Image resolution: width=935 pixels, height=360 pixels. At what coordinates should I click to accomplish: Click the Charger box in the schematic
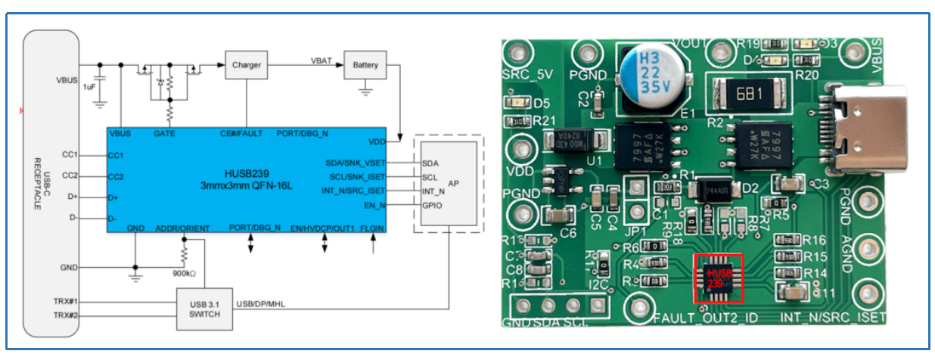pyautogui.click(x=247, y=65)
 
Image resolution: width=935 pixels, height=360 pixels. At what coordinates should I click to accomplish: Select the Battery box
pyautogui.click(x=365, y=65)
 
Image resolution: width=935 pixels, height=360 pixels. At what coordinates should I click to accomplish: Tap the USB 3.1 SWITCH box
pyautogui.click(x=205, y=309)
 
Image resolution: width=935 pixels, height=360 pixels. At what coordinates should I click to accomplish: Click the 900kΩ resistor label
pyautogui.click(x=184, y=273)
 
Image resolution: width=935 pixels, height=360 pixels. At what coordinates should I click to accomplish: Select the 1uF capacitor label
pyautogui.click(x=89, y=87)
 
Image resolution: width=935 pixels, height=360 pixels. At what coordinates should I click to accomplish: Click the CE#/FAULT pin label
pyautogui.click(x=241, y=133)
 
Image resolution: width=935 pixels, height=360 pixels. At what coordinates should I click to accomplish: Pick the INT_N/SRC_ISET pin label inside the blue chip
pyautogui.click(x=352, y=190)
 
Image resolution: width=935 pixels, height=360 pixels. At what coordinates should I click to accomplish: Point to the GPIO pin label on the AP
pyautogui.click(x=433, y=205)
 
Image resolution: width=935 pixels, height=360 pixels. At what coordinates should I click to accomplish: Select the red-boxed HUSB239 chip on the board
pyautogui.click(x=719, y=278)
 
